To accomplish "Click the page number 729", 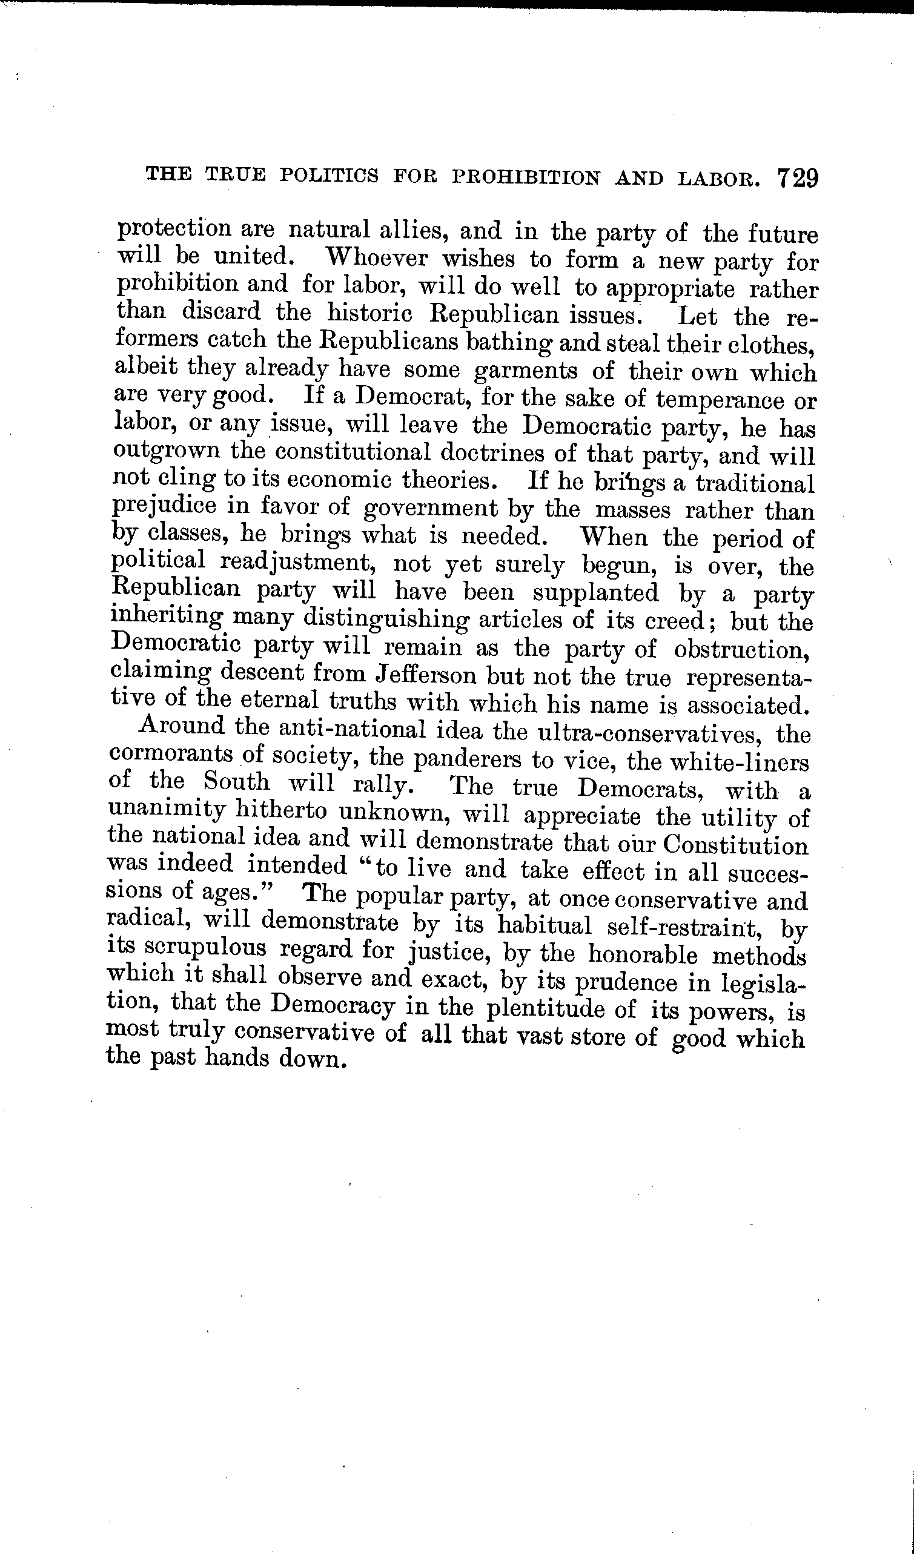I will [798, 179].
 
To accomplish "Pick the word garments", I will [526, 371].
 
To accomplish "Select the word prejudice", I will [165, 506].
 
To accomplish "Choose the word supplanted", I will [595, 593].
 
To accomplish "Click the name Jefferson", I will [426, 675].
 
